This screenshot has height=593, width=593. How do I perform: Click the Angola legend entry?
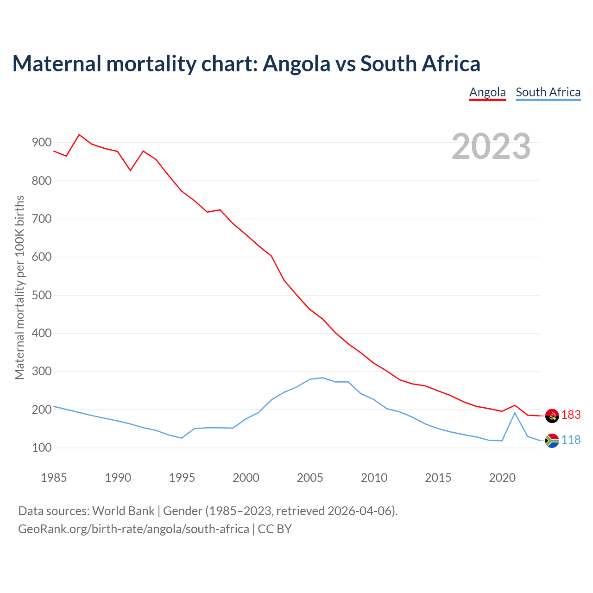tap(487, 92)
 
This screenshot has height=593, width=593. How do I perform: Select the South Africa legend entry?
tap(548, 92)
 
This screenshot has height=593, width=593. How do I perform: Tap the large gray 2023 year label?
tap(491, 146)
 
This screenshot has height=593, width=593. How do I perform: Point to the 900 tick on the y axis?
tap(41, 143)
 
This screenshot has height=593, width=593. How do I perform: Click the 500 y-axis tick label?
tap(41, 296)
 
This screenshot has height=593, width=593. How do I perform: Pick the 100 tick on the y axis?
tap(41, 448)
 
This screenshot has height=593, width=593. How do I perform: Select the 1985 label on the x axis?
tap(54, 478)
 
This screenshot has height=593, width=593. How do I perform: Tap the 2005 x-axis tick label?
tap(310, 478)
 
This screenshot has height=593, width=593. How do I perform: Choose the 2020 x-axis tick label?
tap(502, 478)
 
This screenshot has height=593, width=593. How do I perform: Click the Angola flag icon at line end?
tap(552, 416)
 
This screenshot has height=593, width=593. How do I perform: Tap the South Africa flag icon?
tap(552, 441)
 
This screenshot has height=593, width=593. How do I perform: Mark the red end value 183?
tap(571, 415)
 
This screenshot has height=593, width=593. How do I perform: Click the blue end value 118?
tap(571, 440)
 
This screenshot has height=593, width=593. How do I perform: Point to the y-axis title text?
tap(19, 287)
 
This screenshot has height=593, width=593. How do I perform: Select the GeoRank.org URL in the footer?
tap(133, 529)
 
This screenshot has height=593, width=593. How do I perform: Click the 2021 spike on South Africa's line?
tap(515, 412)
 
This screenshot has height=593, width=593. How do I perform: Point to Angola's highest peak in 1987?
tap(79, 135)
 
